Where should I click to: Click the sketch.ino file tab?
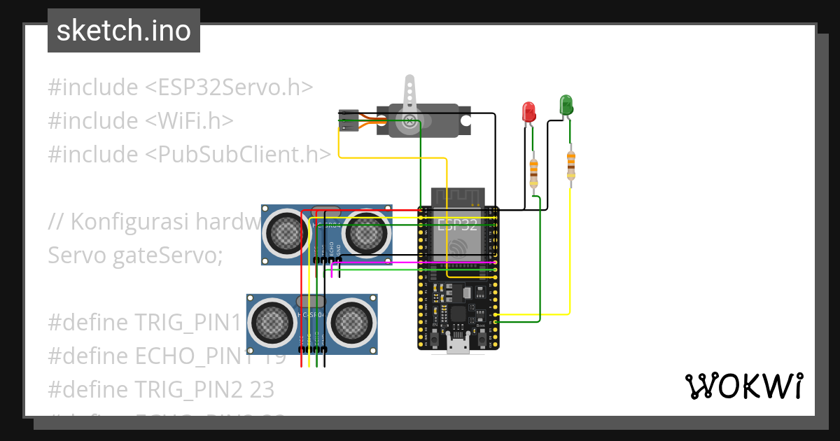coord(124,31)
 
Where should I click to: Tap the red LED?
coord(528,111)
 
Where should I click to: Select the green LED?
coord(566,106)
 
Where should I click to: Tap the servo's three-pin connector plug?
coord(349,120)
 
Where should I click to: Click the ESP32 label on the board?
coord(457,225)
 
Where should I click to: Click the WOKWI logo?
coord(743,386)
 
